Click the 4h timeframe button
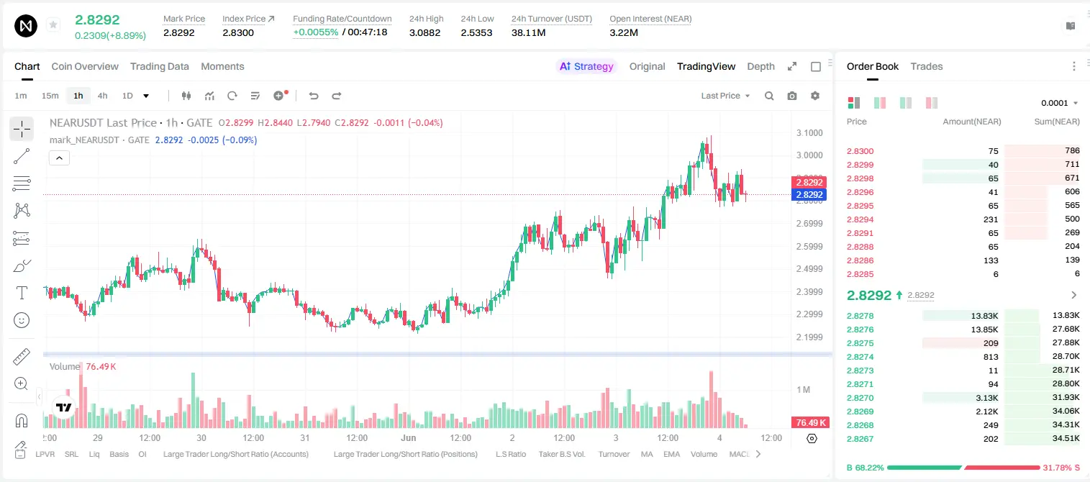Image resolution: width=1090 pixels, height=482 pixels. (102, 96)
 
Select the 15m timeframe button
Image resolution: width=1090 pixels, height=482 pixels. (50, 96)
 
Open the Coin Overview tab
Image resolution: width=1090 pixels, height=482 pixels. (85, 66)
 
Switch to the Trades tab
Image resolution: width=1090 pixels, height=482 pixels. (927, 66)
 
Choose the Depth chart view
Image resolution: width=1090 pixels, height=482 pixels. (760, 66)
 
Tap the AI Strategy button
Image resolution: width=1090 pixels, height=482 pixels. (586, 66)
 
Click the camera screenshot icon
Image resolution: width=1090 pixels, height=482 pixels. (792, 96)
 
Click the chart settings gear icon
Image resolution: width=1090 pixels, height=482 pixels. (815, 96)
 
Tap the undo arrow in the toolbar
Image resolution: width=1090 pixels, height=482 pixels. (314, 96)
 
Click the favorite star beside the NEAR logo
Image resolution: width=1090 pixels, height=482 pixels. (53, 24)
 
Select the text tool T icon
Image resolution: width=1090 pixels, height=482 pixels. (22, 293)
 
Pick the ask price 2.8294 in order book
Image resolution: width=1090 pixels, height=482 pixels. (860, 219)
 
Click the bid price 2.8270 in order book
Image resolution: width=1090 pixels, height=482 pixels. (860, 398)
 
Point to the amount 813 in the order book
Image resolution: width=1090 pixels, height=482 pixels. (991, 357)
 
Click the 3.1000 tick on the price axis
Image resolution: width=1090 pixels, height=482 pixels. (809, 133)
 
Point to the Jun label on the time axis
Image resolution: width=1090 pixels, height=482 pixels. (408, 437)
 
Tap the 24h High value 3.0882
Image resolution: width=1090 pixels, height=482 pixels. (424, 32)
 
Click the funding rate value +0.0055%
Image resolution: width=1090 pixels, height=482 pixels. (315, 32)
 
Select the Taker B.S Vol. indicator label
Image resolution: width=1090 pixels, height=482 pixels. (561, 454)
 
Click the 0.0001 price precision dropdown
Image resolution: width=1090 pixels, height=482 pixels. (1059, 103)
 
